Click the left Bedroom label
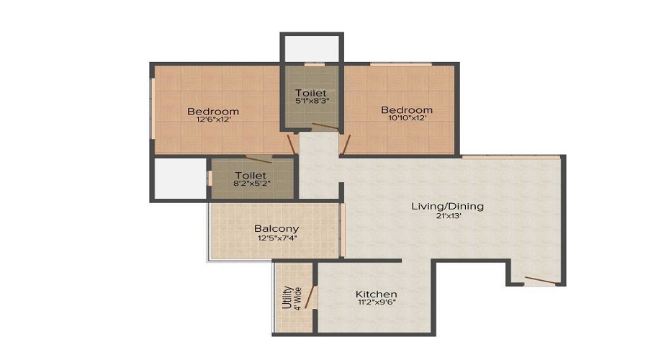point(213,112)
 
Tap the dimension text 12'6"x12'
point(213,120)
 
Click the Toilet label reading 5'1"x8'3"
point(311,94)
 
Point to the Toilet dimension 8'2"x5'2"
point(251,184)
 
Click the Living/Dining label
point(447,207)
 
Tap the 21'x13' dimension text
point(447,215)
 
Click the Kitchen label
point(376,294)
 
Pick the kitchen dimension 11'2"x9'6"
point(376,303)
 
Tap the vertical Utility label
point(286,299)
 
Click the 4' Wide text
point(296,299)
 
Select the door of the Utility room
point(311,297)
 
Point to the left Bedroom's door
point(291,143)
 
